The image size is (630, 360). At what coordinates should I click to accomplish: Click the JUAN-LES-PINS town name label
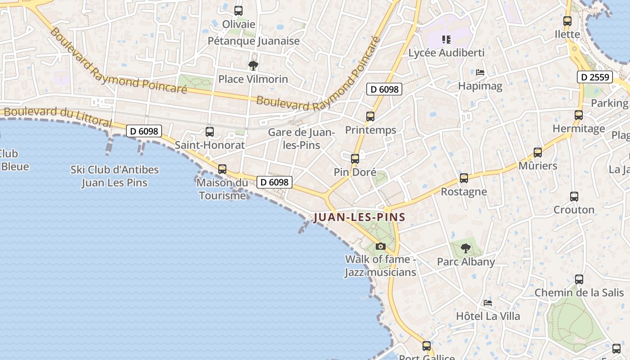coord(360,217)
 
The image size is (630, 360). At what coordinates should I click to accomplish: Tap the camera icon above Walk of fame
coord(381,246)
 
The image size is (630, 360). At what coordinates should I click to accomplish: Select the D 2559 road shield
coord(595,77)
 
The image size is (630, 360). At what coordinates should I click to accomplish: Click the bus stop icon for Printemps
coord(370,117)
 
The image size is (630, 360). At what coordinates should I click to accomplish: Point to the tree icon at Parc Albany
coord(466,248)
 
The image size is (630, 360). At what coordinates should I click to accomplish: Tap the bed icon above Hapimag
coord(480,72)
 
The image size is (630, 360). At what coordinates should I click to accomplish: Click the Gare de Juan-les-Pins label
coord(301,139)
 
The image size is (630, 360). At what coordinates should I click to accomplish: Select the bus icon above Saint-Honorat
coord(210,132)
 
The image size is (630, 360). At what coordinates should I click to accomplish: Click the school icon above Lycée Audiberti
coord(446,40)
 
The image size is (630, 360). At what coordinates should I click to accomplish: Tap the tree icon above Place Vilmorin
coord(253,66)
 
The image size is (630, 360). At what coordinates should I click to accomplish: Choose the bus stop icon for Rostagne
coord(464,178)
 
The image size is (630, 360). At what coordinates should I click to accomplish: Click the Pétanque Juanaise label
coord(253,41)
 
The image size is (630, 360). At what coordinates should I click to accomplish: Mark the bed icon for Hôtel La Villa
coord(488,303)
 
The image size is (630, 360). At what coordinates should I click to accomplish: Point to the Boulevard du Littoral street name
coord(58,116)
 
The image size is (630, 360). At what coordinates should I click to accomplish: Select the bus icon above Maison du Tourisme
coord(222,169)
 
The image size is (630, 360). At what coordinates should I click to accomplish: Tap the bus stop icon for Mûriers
coord(538,153)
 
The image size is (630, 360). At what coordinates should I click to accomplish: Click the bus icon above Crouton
coord(574,197)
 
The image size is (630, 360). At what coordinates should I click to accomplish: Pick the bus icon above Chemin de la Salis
coord(579,279)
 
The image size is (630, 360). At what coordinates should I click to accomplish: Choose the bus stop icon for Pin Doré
coord(355,159)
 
